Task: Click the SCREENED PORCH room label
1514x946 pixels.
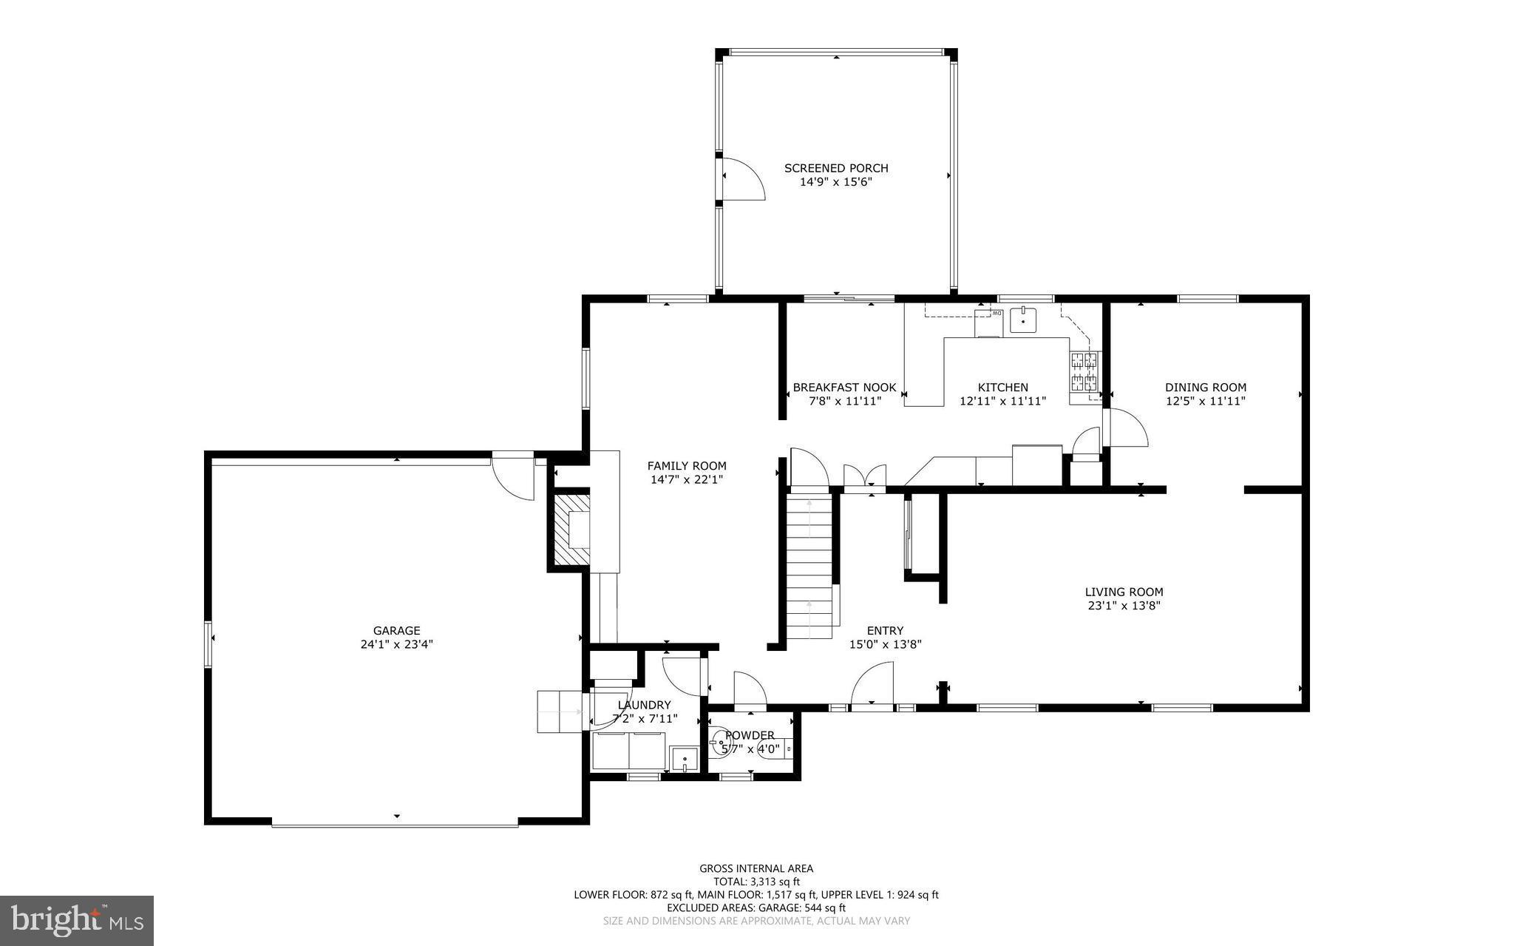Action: (836, 168)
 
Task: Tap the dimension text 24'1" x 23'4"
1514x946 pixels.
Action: (396, 644)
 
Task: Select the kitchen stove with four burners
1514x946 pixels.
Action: (1084, 372)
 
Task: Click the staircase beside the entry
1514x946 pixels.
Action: (810, 567)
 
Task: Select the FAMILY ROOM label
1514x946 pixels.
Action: (687, 466)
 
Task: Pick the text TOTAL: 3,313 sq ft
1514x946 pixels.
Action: (756, 882)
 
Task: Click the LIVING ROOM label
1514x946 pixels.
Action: (1124, 592)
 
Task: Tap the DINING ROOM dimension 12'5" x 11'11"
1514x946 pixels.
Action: (1205, 401)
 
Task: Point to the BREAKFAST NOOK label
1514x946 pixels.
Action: (844, 388)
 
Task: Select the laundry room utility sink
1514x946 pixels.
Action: (685, 759)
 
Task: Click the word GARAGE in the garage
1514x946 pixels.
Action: (396, 631)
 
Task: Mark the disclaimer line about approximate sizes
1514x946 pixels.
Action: (756, 921)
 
